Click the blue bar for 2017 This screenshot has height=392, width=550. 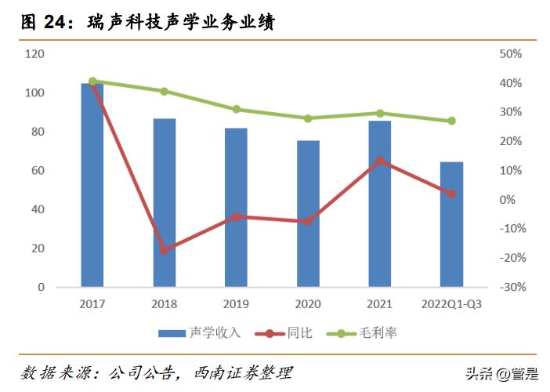tap(92, 185)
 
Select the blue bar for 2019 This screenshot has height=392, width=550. tap(236, 208)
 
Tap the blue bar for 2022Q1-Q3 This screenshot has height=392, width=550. tap(451, 224)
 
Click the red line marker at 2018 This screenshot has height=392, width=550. tap(165, 250)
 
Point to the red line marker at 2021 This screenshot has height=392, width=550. tap(380, 161)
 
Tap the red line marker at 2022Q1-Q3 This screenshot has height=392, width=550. tap(451, 194)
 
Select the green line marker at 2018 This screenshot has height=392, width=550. tap(165, 91)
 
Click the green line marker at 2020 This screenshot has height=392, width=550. tap(308, 118)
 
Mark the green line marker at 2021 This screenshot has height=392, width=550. tap(380, 114)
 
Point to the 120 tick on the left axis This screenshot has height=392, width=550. tap(34, 54)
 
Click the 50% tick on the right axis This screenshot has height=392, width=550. tap(509, 54)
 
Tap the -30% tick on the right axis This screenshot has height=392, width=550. tap(509, 287)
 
